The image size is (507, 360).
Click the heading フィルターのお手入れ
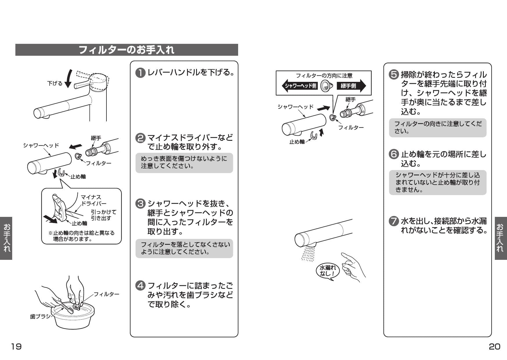tap(126, 50)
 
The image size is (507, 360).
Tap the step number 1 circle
tap(140, 73)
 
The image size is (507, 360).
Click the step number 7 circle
tap(394, 221)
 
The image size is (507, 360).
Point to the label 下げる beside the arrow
tap(55, 84)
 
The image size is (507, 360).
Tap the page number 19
tap(16, 346)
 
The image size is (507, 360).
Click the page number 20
tap(495, 346)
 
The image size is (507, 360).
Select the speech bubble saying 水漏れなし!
tap(327, 271)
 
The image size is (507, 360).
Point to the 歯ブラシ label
tap(40, 316)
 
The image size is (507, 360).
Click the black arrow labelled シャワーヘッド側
tap(300, 86)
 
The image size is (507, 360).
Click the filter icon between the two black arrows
tap(327, 86)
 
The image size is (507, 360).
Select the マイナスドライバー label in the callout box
tap(93, 200)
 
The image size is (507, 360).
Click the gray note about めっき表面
tap(184, 163)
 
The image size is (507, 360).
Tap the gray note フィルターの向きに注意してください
tap(437, 128)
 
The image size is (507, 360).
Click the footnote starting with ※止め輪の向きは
tap(82, 236)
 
